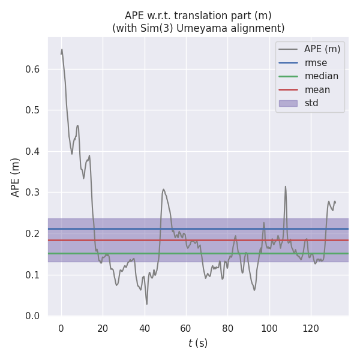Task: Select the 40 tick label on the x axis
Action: click(x=144, y=328)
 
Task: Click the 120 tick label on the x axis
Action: click(x=311, y=328)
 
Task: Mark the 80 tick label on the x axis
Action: click(x=227, y=328)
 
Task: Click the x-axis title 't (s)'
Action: click(x=198, y=343)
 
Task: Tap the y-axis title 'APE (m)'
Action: click(x=16, y=177)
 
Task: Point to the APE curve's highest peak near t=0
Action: click(x=62, y=50)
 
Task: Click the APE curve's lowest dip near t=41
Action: click(x=146, y=304)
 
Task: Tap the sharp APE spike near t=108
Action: click(x=286, y=187)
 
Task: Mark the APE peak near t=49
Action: click(x=163, y=190)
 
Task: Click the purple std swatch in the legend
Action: click(x=288, y=103)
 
